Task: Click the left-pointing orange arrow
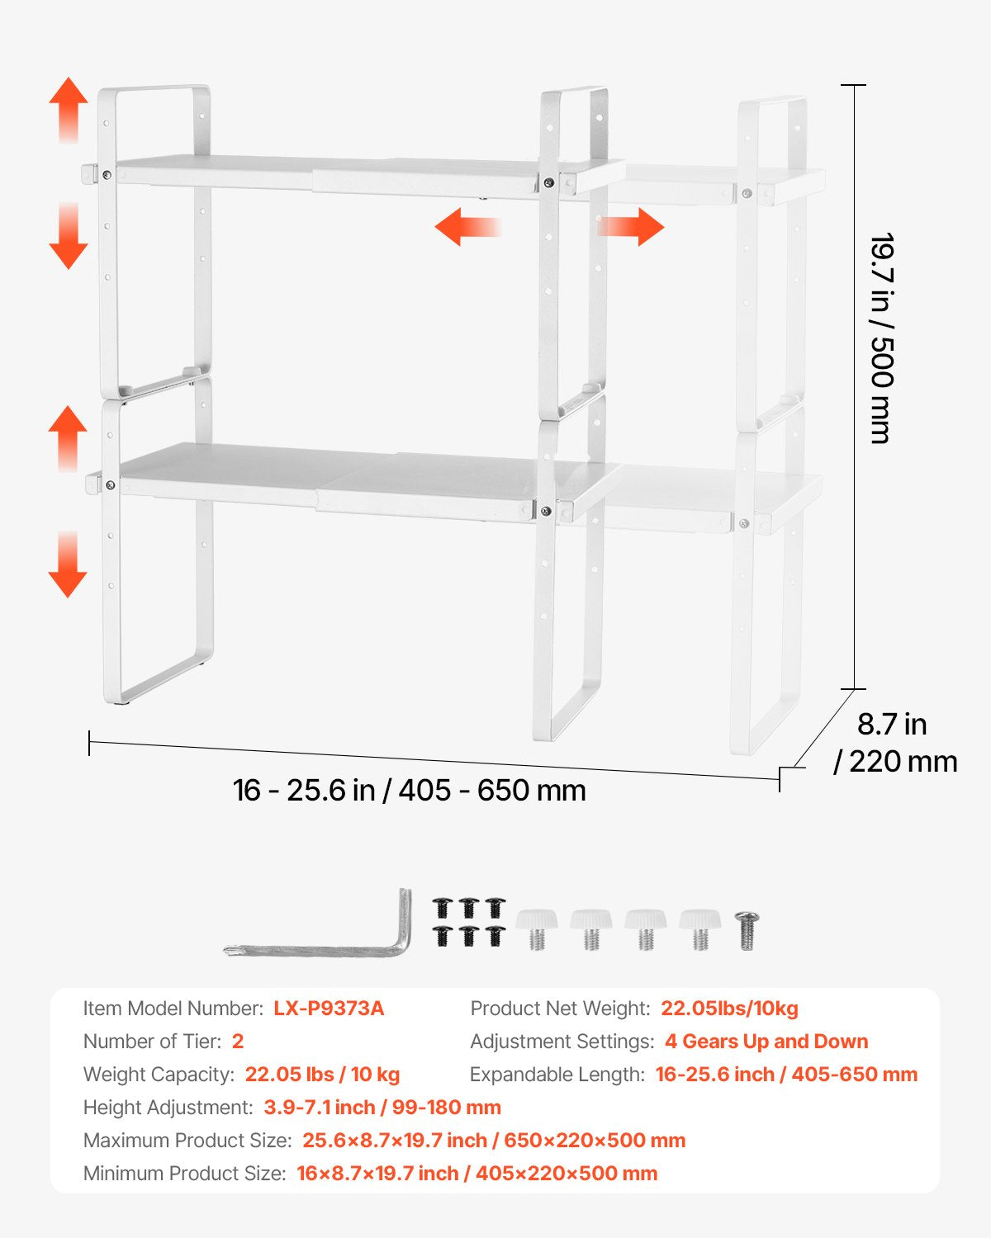click(467, 227)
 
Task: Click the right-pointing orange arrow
click(632, 227)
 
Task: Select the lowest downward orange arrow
click(68, 565)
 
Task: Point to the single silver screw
click(747, 931)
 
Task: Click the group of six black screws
click(468, 922)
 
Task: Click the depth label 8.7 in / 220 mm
click(895, 743)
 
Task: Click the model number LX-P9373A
click(329, 1009)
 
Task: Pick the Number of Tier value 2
click(238, 1042)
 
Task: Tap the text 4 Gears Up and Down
click(766, 1042)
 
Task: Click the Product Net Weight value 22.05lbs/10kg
click(729, 1009)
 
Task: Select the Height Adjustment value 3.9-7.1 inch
click(382, 1108)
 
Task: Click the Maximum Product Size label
click(187, 1141)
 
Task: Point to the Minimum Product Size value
click(477, 1174)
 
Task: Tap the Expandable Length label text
click(557, 1075)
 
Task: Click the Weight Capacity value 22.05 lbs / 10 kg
click(322, 1075)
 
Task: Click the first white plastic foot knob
click(537, 928)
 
